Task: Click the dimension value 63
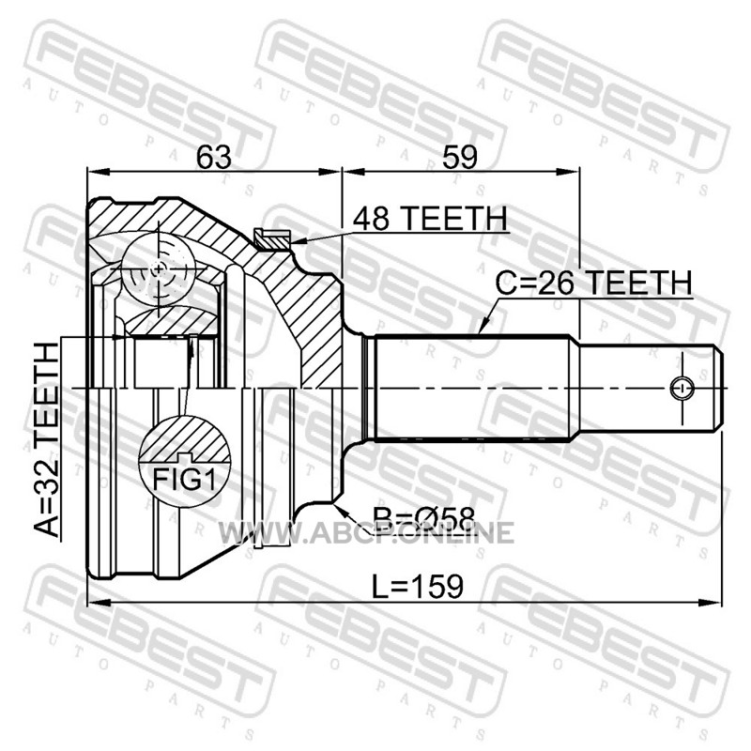(x=214, y=157)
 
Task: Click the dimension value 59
(x=460, y=157)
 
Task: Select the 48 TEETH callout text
(x=430, y=219)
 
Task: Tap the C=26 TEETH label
(x=594, y=283)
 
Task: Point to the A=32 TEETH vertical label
(x=47, y=440)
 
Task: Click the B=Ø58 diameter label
(x=424, y=518)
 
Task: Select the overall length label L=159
(x=418, y=586)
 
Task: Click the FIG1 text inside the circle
(x=184, y=480)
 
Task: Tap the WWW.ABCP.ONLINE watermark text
(x=366, y=532)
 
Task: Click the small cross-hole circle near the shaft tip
(x=682, y=388)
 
